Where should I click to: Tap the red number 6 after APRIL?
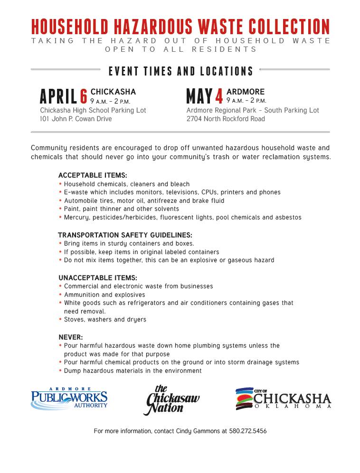click(x=84, y=97)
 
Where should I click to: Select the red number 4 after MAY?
click(x=219, y=97)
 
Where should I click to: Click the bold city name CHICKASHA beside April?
click(x=113, y=92)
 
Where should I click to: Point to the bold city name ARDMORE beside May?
click(x=246, y=92)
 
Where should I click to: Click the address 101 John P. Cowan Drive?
click(x=76, y=119)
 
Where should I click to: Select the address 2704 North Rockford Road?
click(x=226, y=119)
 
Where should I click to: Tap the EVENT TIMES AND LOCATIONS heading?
click(x=180, y=72)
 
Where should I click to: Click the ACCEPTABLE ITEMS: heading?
click(x=93, y=175)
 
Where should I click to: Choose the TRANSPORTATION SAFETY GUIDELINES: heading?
click(x=125, y=235)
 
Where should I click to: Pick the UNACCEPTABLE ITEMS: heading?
click(x=98, y=278)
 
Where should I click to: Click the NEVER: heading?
click(x=71, y=338)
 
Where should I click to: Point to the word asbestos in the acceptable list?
click(x=287, y=218)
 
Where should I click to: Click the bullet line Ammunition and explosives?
click(x=104, y=295)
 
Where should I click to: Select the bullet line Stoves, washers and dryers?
click(x=105, y=320)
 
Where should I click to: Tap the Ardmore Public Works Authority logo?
click(x=69, y=398)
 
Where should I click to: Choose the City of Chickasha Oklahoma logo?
click(x=283, y=399)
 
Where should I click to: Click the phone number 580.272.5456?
click(x=247, y=431)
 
